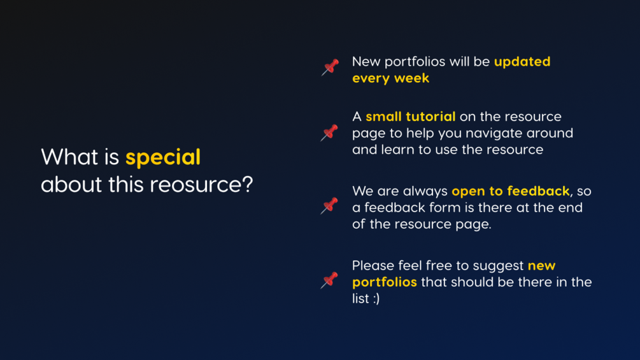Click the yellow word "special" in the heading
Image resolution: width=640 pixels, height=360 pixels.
point(163,157)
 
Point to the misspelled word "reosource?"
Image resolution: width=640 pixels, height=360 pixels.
point(201,185)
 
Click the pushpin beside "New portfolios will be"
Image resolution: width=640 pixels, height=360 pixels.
point(331,67)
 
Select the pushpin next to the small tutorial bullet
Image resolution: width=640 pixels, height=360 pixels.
point(329,133)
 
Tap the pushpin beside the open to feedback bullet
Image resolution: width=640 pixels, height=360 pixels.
point(329,206)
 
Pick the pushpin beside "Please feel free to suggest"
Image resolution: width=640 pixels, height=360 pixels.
point(329,280)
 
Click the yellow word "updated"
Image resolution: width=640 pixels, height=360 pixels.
point(522,62)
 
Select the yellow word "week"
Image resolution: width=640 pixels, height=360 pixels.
point(411,78)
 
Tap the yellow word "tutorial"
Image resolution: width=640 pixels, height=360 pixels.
point(430,117)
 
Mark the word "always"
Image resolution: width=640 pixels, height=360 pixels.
point(428,191)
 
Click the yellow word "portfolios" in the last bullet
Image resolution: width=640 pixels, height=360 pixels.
point(385,282)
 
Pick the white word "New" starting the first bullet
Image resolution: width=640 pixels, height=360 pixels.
point(366,62)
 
